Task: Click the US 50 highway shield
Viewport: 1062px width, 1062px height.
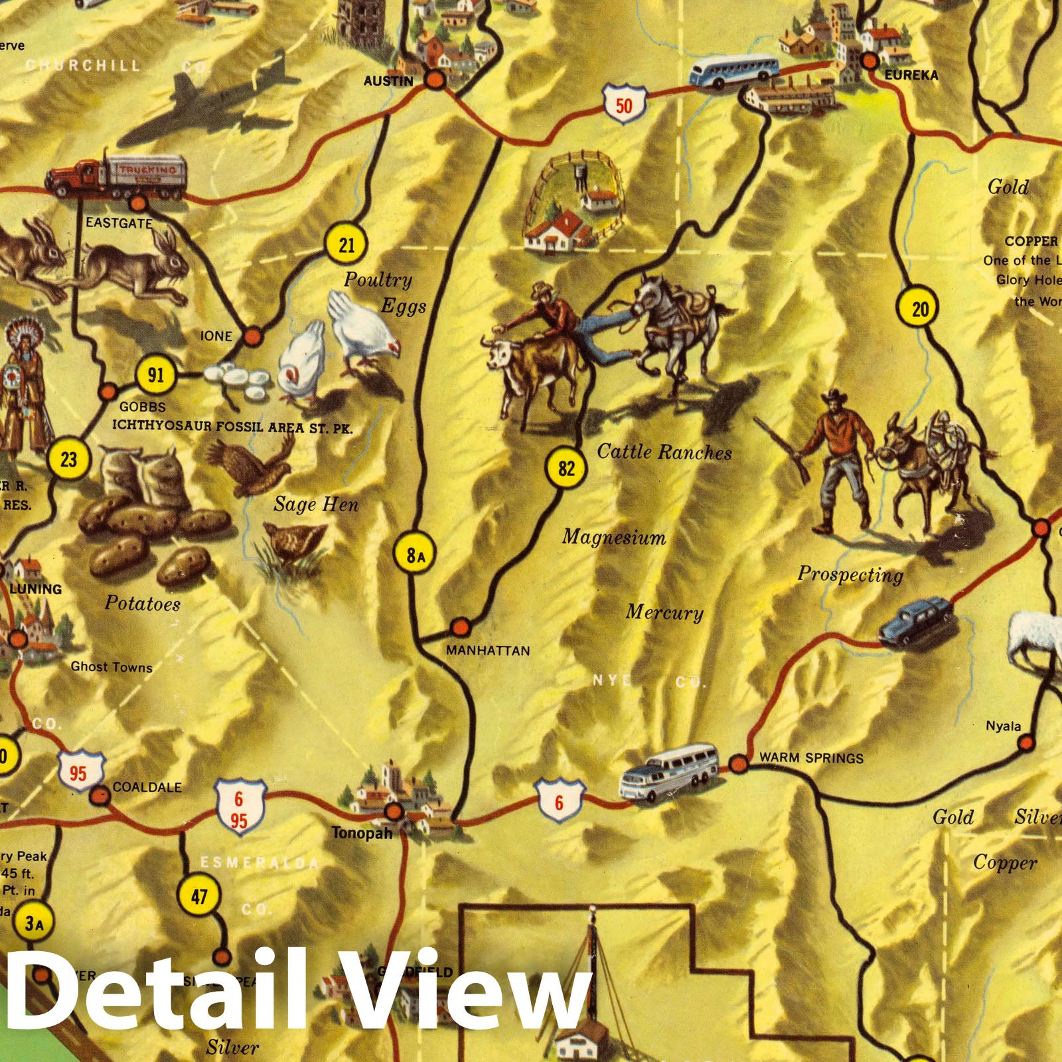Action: (x=624, y=105)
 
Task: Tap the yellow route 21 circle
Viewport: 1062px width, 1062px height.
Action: (x=346, y=246)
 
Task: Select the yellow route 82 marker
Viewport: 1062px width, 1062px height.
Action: (x=566, y=469)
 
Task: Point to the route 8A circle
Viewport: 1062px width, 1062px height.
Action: (x=416, y=555)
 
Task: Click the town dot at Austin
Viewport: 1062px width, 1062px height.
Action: (x=435, y=80)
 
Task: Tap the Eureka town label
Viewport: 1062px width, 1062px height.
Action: (x=911, y=76)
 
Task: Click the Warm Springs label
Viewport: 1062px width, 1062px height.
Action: (x=811, y=757)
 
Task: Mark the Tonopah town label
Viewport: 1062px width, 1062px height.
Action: (x=362, y=832)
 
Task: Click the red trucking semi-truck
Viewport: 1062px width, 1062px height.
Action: (x=116, y=177)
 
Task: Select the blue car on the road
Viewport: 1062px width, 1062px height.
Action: (x=916, y=621)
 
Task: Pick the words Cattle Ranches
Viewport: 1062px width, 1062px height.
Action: (x=664, y=452)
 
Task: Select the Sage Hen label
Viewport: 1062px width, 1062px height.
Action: (x=316, y=504)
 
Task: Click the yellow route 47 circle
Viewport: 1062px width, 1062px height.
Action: (x=199, y=897)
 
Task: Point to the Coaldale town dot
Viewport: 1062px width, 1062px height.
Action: (x=100, y=795)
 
